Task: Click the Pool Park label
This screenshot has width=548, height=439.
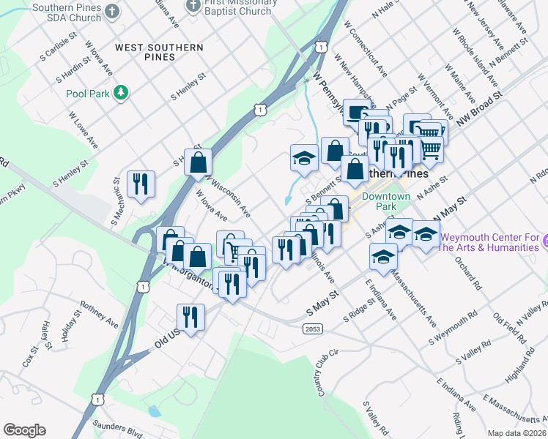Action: coord(86,94)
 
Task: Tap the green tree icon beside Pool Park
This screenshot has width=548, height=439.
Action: coord(124,93)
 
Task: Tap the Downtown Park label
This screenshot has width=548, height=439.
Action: coord(386,202)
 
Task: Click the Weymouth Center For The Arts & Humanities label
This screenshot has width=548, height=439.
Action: coord(489,243)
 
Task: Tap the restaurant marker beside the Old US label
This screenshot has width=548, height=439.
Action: coord(190,317)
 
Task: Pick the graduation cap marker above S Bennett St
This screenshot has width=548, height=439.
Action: coord(303,157)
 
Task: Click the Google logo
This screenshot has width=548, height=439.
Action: coord(24,430)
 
